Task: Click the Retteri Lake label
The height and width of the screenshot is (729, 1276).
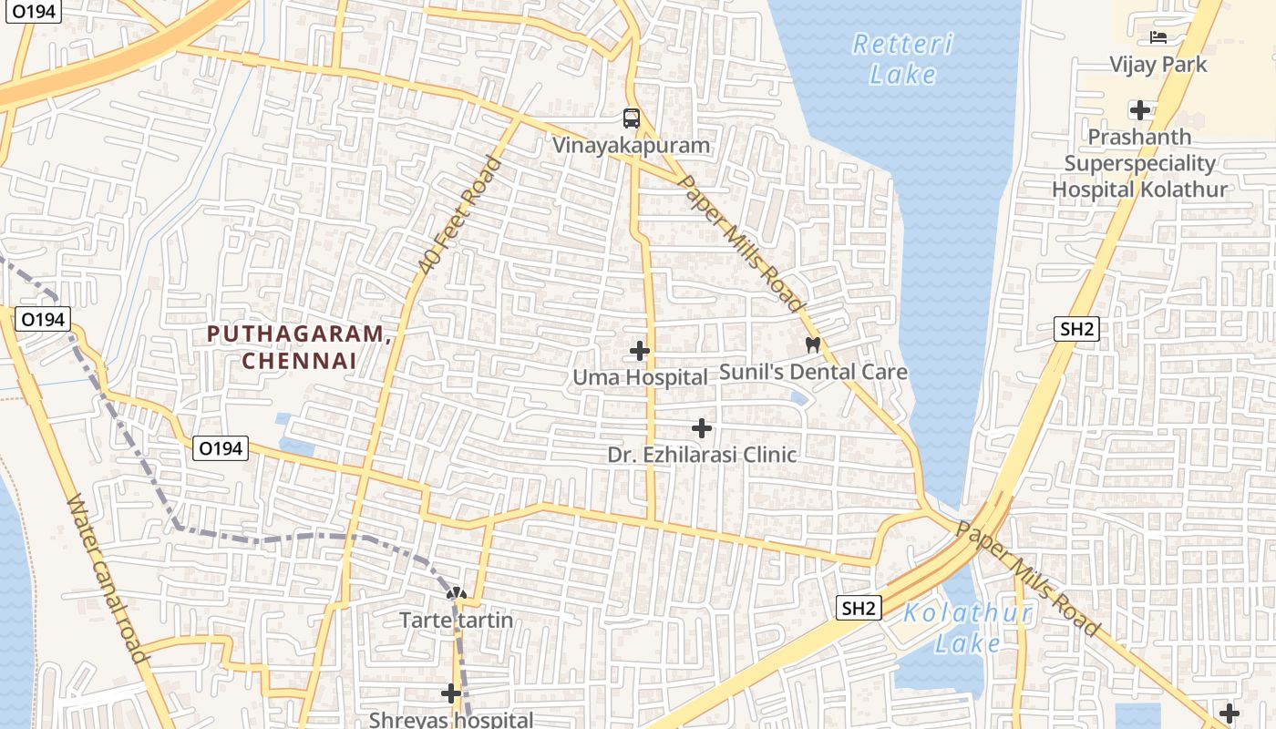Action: pos(902,58)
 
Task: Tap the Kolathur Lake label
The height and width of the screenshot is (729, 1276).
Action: pos(968,628)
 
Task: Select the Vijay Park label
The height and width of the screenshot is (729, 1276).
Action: pos(1158,65)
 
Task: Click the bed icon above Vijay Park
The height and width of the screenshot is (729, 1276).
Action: pos(1158,37)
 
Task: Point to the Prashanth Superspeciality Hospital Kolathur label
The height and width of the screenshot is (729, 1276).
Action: pos(1139,164)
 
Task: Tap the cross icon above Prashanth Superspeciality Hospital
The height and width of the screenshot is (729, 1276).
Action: pos(1139,110)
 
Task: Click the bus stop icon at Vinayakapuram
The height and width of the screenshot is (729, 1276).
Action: pos(632,118)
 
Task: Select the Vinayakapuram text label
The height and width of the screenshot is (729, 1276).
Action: pos(632,145)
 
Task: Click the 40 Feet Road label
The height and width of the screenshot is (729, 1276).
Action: pos(460,216)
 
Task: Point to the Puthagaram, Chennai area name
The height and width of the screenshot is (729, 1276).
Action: pos(299,346)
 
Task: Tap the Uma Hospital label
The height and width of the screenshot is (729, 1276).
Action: pos(640,377)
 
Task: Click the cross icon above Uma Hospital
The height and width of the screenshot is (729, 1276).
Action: pos(640,350)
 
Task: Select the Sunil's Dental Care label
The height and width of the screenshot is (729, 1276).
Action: pos(813,372)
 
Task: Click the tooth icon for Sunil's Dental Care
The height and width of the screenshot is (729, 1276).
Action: pos(813,344)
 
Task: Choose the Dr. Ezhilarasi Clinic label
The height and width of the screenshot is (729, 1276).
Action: pos(702,454)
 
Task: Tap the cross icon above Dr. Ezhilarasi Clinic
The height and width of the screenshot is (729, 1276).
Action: pos(702,426)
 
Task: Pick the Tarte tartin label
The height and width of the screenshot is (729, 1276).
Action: pos(457,621)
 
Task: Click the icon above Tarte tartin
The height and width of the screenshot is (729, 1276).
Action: pos(457,594)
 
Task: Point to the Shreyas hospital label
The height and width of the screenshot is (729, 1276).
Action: pos(450,719)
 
